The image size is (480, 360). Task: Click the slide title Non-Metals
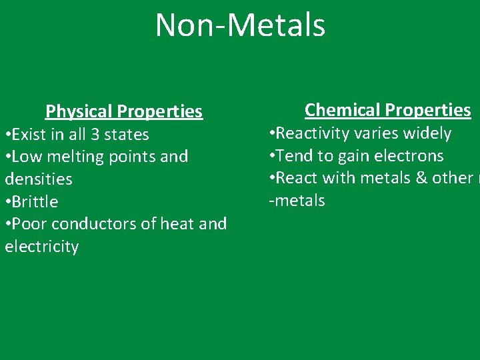240,25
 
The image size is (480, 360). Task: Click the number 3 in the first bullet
95,134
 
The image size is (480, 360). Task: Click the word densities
39,179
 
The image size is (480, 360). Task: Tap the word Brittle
35,201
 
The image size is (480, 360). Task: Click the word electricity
42,247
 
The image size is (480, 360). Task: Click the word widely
427,133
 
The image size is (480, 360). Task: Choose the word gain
355,157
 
